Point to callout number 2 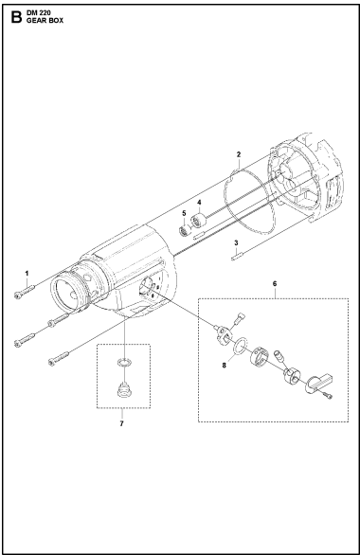239,153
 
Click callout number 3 235,242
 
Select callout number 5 185,213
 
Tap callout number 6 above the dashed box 274,281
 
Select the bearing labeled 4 199,223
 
